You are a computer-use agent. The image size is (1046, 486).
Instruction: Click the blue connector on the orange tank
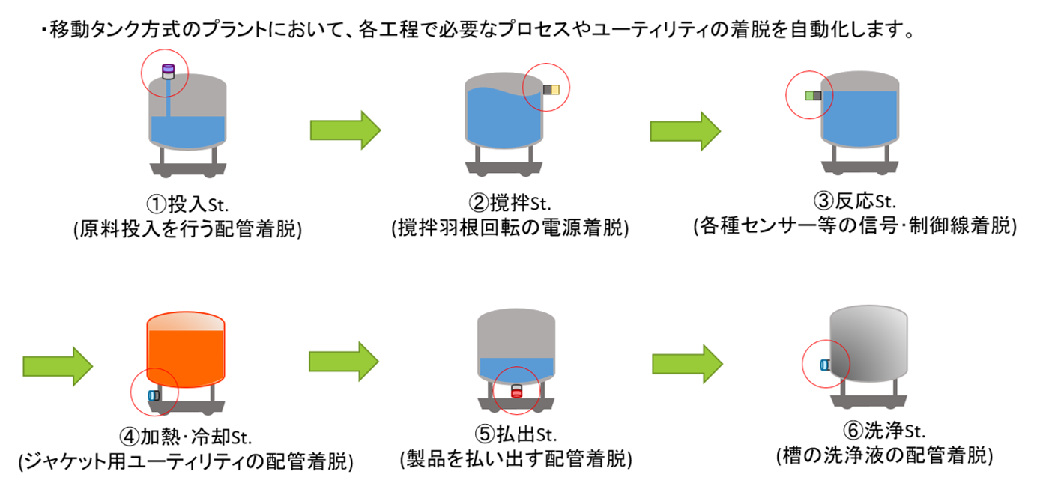click(154, 395)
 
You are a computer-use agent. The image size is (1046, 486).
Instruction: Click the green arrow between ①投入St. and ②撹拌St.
click(345, 130)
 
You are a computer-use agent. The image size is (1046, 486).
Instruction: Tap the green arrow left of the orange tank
click(58, 366)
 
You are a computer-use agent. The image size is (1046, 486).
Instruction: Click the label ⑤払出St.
click(516, 434)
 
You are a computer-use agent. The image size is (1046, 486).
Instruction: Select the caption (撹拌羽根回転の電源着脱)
click(510, 228)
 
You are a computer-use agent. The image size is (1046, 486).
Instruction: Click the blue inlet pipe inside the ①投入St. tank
click(168, 97)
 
